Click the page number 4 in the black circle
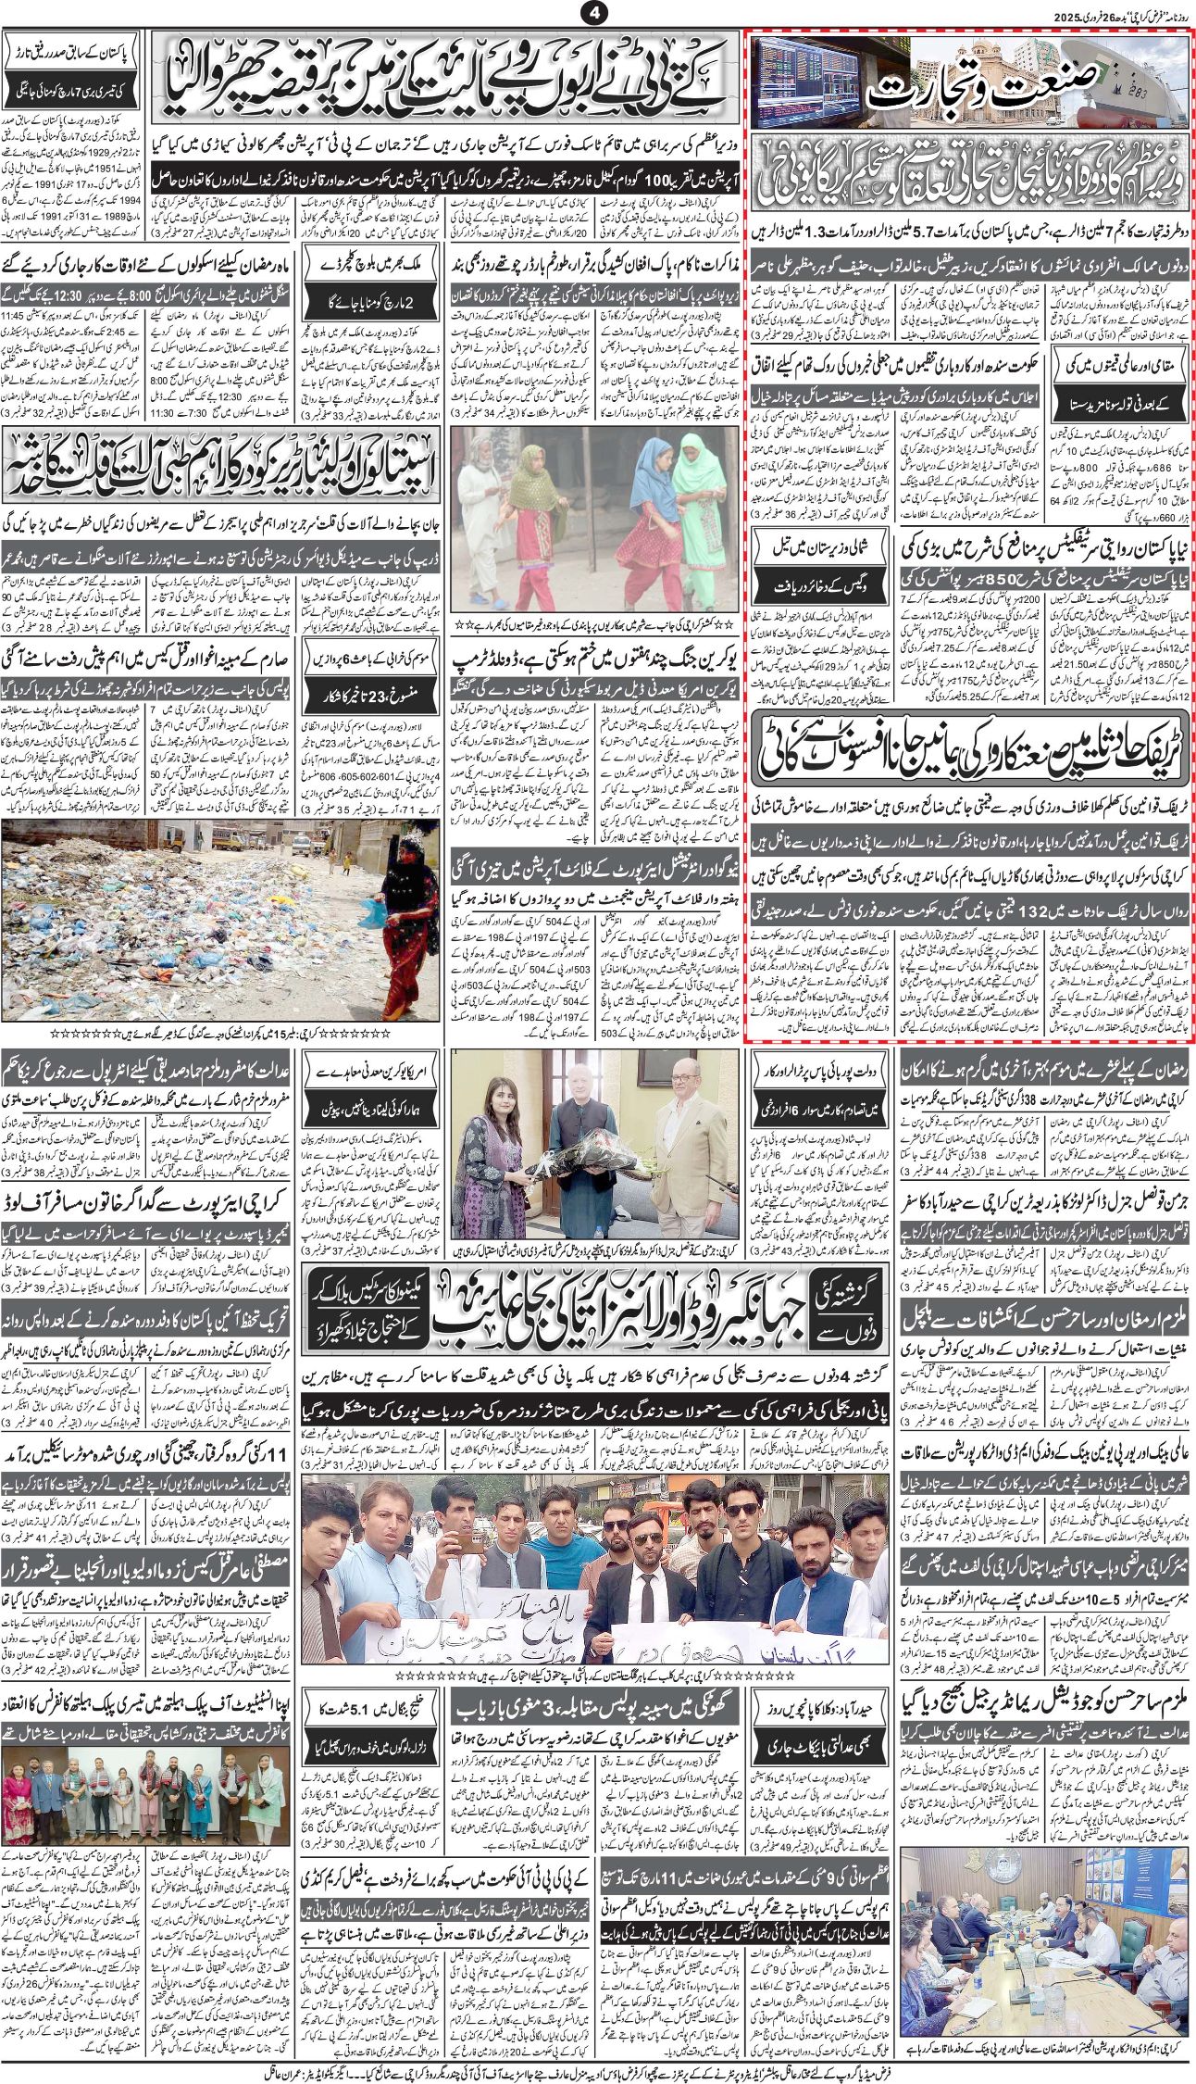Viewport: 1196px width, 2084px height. click(594, 13)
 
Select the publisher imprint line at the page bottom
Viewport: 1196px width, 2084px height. click(598, 2067)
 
